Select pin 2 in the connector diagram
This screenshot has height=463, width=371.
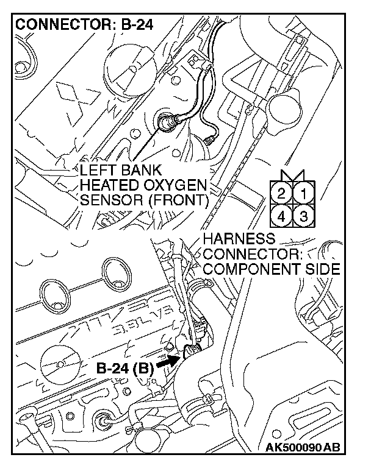pos(281,195)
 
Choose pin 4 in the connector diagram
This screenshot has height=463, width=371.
pos(281,215)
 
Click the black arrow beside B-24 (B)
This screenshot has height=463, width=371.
pos(167,361)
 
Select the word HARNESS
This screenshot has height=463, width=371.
pos(239,239)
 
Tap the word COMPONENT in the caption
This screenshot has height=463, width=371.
pos(252,268)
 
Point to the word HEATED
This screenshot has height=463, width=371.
pos(109,185)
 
